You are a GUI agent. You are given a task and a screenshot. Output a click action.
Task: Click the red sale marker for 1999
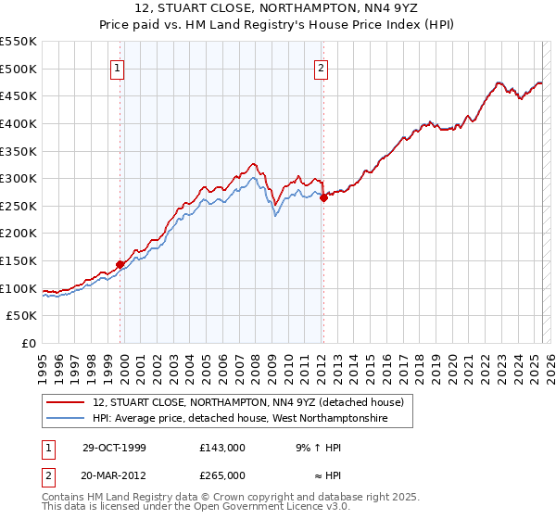coord(120,264)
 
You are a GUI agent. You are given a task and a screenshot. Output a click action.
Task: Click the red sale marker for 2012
coord(323,196)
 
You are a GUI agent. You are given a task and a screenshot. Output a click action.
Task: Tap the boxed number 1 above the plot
coord(120,68)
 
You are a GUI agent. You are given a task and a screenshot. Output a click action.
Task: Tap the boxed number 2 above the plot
coord(321,68)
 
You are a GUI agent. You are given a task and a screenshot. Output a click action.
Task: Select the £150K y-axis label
coord(19,260)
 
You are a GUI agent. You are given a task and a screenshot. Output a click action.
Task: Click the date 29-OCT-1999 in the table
coord(114,448)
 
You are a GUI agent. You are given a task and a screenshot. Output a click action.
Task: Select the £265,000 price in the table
coord(221,475)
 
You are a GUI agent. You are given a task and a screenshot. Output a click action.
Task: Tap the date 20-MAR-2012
coord(115,475)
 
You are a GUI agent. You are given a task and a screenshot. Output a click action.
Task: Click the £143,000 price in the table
coord(221,448)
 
